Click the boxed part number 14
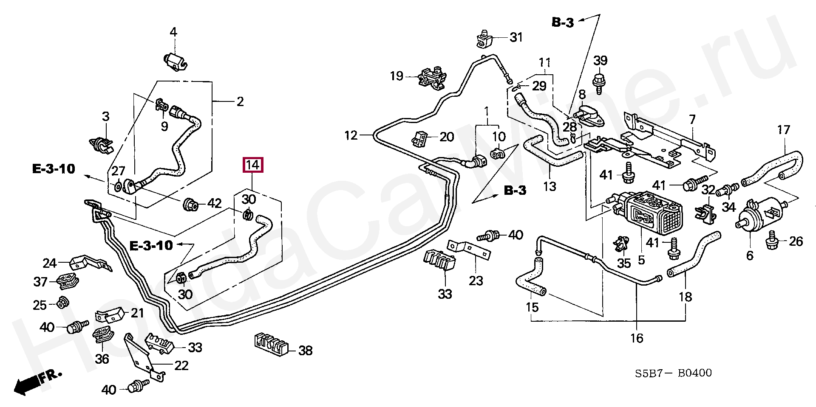tap(253, 165)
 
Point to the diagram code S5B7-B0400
tap(673, 373)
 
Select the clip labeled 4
tap(174, 62)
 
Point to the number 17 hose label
tap(783, 130)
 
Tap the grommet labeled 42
tap(191, 205)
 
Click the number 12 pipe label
tap(351, 135)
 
